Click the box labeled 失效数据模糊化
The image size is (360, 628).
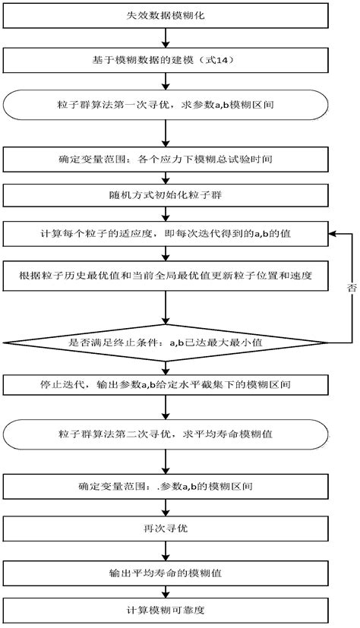tap(166, 15)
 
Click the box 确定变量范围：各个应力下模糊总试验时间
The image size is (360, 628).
tap(166, 160)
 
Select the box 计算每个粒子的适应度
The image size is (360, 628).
tap(166, 235)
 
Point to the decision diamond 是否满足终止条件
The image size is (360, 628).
tap(166, 343)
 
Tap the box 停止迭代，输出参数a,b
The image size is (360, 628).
tap(166, 387)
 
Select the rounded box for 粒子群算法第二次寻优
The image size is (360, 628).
tap(166, 434)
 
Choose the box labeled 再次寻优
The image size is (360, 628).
tap(166, 525)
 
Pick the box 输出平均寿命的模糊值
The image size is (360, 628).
tap(166, 570)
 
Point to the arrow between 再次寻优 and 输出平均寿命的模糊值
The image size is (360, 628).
tap(166, 548)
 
